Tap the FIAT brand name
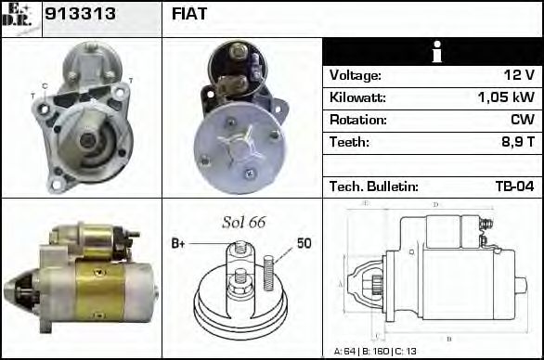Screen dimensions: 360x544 coord(189,15)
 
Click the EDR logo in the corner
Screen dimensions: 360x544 coord(20,17)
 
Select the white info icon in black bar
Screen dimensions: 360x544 coord(432,52)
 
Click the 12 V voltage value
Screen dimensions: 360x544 coord(519,75)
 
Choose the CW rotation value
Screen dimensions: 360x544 coord(522,120)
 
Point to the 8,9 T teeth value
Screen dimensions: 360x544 coord(516,142)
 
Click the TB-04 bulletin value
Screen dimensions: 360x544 coord(514,186)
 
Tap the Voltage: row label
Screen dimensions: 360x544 coord(356,75)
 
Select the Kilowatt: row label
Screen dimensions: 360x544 coord(357,97)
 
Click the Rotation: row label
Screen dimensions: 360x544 coord(356,120)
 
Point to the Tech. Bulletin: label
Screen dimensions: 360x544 coord(373,186)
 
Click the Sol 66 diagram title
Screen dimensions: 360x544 coord(243,223)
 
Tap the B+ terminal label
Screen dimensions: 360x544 coord(178,244)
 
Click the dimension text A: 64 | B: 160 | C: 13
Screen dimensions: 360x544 coord(375,351)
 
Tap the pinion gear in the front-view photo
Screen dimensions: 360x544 coord(86,140)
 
